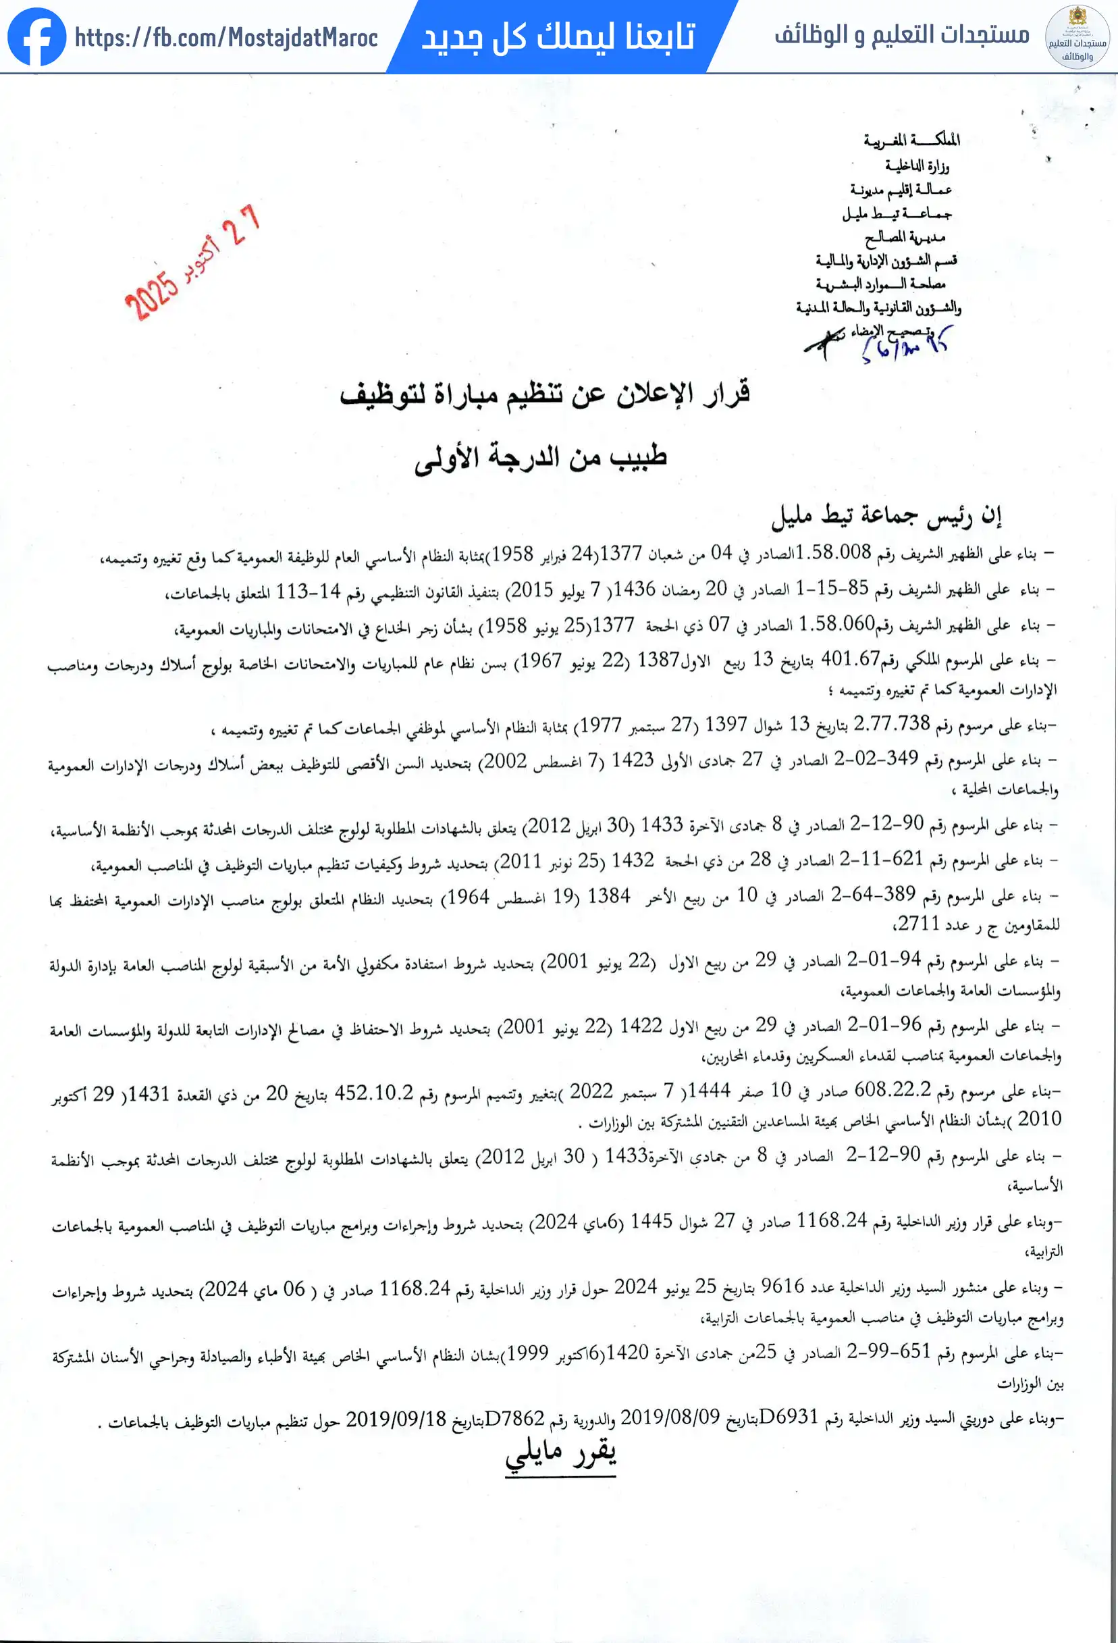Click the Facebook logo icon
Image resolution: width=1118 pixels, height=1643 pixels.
(x=36, y=36)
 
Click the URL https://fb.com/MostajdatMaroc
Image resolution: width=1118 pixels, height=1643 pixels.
(x=226, y=37)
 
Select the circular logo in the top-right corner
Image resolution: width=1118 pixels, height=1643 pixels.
(x=1077, y=36)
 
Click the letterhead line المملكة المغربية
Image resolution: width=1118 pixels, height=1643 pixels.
(x=911, y=140)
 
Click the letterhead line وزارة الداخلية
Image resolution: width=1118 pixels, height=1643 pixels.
(x=917, y=165)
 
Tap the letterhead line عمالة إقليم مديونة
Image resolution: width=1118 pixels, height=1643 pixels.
(x=901, y=190)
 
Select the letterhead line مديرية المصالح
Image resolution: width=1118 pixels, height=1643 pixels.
(x=905, y=237)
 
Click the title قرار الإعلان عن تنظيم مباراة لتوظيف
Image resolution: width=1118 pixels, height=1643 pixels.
(x=544, y=394)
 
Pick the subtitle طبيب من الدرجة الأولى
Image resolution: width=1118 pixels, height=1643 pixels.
(x=541, y=457)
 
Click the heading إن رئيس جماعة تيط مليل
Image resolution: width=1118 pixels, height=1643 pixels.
(x=887, y=517)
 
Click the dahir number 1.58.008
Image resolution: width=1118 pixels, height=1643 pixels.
(x=833, y=553)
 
